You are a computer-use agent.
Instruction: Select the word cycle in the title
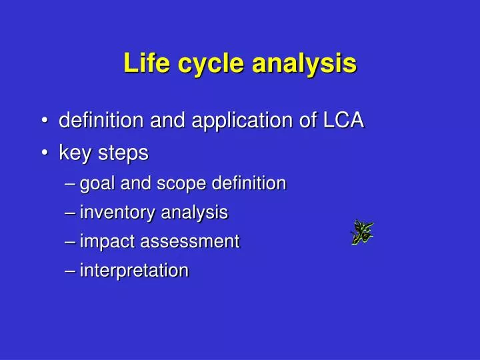[x=207, y=63]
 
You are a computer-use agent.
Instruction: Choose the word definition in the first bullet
[x=99, y=121]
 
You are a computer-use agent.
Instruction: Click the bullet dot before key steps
[x=44, y=153]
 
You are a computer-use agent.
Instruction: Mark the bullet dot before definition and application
[x=44, y=121]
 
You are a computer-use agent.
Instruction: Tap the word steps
[x=123, y=153]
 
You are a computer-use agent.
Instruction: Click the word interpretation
[x=134, y=271]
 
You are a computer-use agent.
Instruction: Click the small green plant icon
[x=362, y=231]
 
